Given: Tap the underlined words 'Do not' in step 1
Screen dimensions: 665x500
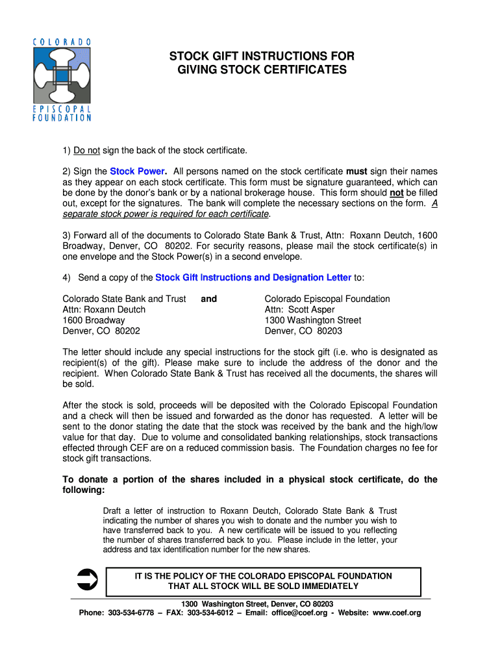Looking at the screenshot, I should (86, 151).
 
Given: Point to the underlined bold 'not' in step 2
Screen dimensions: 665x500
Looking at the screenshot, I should (396, 193).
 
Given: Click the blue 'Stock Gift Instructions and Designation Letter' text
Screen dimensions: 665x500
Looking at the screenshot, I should (253, 278).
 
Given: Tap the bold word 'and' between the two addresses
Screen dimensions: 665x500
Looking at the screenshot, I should (209, 299).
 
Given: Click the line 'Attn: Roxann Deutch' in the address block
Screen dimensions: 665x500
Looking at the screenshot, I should (104, 310).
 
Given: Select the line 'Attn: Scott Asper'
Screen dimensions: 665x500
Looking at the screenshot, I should (299, 310).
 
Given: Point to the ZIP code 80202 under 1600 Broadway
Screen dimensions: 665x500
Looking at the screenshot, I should (127, 331).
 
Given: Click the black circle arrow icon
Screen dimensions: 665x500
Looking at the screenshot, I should (87, 578).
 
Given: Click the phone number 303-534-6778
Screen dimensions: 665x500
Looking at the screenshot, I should (132, 613).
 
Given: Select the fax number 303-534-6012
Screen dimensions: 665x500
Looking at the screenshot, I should (210, 613).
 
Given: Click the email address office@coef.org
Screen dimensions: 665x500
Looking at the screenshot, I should (299, 613).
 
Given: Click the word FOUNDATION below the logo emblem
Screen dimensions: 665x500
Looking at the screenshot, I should (62, 118).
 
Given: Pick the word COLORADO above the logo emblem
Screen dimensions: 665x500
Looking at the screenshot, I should (62, 42).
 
